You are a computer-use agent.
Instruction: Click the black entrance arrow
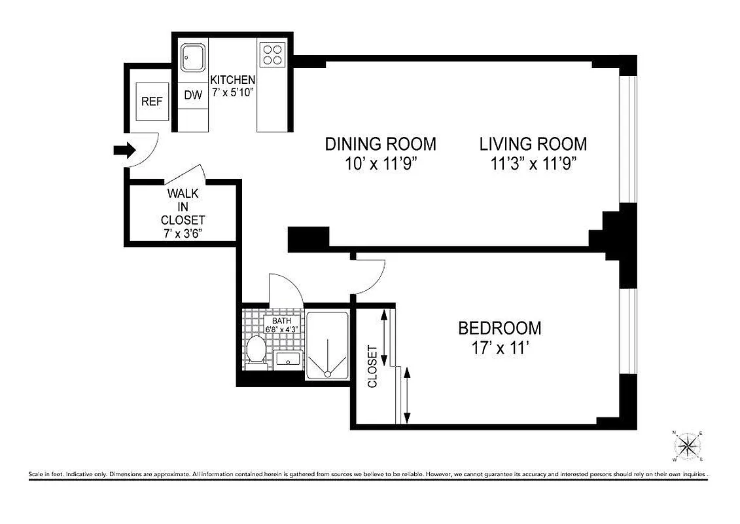pos(124,151)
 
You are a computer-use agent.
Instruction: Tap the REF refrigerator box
pos(152,102)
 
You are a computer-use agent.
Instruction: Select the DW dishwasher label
pos(192,95)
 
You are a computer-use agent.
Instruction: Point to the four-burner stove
pos(272,54)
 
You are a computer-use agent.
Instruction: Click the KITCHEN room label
pos(232,80)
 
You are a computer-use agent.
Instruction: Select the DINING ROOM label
pos(380,143)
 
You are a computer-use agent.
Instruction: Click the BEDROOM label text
pos(499,327)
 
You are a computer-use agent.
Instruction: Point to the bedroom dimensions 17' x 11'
pos(499,348)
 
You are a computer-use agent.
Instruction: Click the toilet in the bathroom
pos(256,349)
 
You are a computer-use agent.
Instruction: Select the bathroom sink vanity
pos(287,358)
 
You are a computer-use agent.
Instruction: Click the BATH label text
pos(281,321)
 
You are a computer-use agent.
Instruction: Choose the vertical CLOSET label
pos(372,366)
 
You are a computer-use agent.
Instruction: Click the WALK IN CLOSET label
pos(183,206)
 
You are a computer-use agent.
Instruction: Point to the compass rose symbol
pos(688,447)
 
